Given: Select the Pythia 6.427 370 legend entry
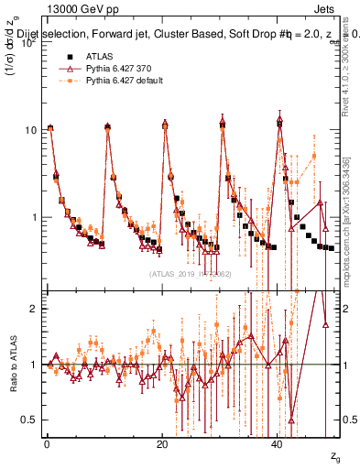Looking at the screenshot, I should [113, 69].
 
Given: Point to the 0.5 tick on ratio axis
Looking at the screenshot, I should [27, 420].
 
